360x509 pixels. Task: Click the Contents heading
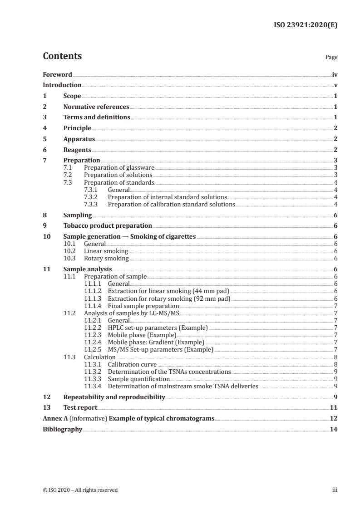tap(62, 56)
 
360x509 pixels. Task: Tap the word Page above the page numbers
tap(331, 58)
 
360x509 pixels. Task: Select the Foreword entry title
tap(57, 74)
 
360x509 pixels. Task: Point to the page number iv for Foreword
tap(335, 74)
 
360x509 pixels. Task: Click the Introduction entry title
tap(62, 85)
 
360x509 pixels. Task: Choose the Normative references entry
tap(96, 107)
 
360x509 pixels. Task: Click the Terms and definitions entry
tap(96, 117)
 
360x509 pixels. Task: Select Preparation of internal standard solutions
tap(167, 197)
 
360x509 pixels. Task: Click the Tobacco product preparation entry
tap(108, 225)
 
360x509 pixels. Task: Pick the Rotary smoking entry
tap(106, 259)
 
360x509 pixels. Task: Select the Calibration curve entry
tap(132, 364)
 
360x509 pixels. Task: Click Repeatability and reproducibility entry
tap(113, 397)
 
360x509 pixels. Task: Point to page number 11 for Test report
tap(334, 408)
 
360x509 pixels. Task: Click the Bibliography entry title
tap(62, 429)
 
